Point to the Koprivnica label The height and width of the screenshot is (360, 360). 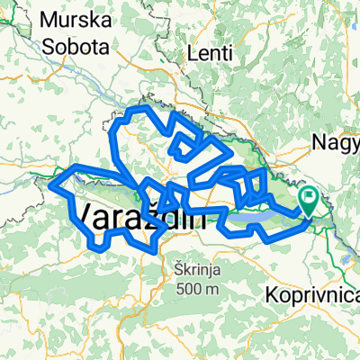[314, 295]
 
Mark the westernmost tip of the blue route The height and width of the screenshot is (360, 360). [49, 186]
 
